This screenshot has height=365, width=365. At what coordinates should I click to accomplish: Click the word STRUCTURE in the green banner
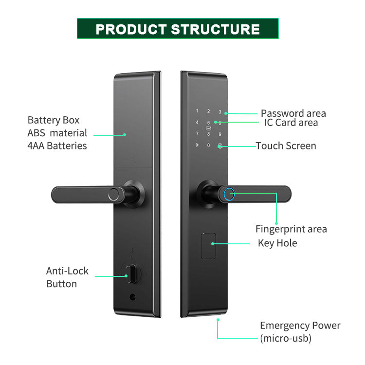click(215, 29)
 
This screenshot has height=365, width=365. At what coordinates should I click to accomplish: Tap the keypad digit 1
click(197, 111)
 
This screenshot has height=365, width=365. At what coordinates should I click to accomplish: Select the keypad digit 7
click(197, 134)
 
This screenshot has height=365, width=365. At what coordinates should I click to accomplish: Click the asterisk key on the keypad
click(197, 145)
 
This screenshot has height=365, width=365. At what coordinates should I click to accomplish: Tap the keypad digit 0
click(208, 145)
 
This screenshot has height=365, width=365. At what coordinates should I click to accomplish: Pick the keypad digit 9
click(220, 134)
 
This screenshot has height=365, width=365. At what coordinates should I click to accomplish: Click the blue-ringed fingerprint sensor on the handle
click(229, 194)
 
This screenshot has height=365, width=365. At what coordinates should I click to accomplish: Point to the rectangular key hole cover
click(208, 246)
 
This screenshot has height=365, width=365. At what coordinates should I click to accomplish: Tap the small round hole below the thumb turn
click(132, 297)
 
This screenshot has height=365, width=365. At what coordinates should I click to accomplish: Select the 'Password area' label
click(293, 113)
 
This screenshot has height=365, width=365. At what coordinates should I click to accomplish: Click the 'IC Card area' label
click(291, 123)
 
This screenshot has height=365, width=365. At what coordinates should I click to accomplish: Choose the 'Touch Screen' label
click(286, 146)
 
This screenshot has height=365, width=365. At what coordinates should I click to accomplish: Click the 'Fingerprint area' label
click(291, 229)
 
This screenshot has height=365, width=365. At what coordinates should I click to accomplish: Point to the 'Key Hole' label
click(277, 243)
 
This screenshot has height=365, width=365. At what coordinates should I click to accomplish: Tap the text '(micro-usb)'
click(286, 338)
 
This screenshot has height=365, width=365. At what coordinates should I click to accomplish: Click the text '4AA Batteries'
click(57, 146)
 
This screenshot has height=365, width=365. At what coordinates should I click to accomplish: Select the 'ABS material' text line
click(57, 133)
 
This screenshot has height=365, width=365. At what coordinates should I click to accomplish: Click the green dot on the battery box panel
click(125, 135)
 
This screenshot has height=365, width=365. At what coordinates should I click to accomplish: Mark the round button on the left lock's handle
click(114, 195)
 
